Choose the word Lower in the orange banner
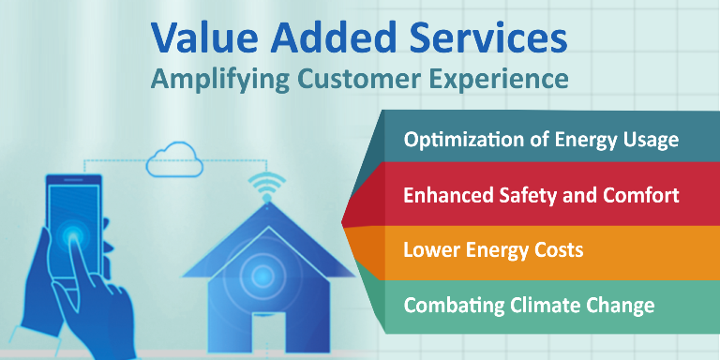coord(429,250)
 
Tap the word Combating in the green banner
coord(443,306)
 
